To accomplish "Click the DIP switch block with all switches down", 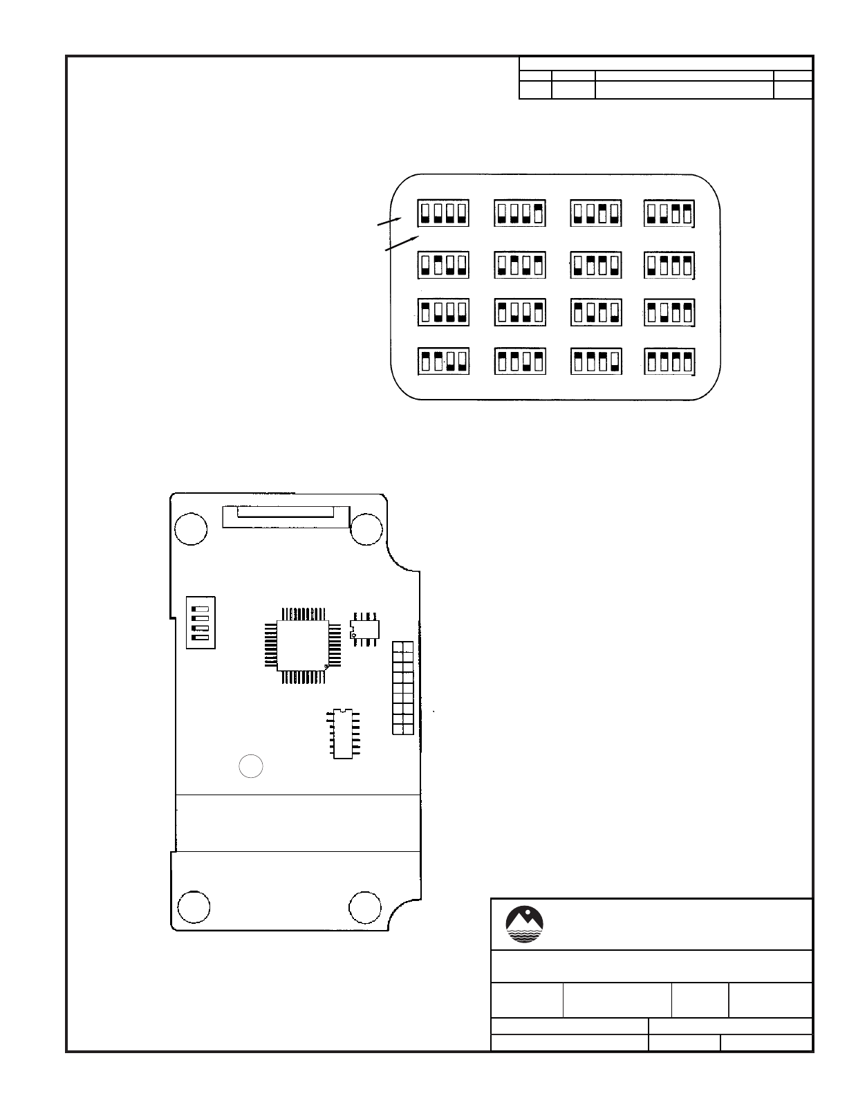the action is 443,213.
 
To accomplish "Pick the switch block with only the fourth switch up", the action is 519,213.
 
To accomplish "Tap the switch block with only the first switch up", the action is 443,313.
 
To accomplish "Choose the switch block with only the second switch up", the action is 443,265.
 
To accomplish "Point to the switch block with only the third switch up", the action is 595,213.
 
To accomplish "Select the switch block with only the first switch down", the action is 669,265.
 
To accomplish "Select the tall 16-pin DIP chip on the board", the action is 344,734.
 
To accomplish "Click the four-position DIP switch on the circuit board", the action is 201,622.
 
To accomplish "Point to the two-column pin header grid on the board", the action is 403,688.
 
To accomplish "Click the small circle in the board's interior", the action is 251,766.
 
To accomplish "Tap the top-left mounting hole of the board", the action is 190,530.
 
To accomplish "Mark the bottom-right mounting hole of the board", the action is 364,908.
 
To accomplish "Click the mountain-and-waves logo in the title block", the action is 525,925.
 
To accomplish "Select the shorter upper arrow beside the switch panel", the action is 389,221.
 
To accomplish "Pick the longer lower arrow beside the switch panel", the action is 402,242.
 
